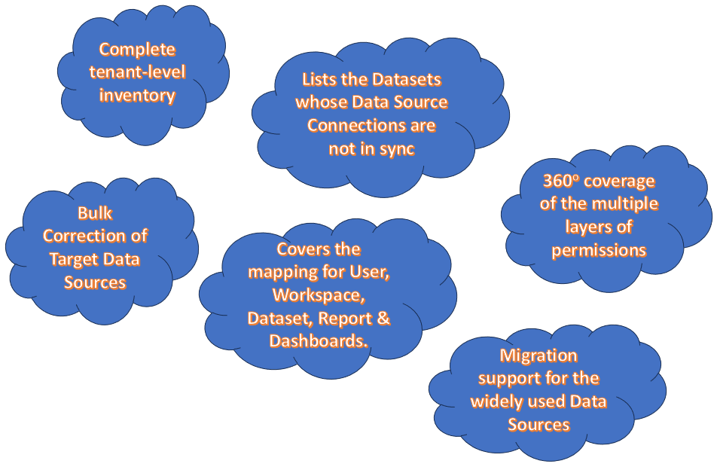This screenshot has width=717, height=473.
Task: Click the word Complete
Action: point(137,50)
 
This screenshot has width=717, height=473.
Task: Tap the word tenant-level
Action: point(137,72)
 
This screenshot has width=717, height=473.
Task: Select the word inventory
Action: point(137,96)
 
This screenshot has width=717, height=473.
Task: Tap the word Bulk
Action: point(95,213)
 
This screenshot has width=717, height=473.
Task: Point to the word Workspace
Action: point(319,295)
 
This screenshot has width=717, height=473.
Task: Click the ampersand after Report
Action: point(383,319)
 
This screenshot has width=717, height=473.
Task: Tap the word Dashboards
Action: point(319,341)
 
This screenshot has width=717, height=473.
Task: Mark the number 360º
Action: point(561,182)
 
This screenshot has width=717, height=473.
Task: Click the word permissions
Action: point(599,251)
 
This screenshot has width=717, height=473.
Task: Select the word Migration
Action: point(539,356)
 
